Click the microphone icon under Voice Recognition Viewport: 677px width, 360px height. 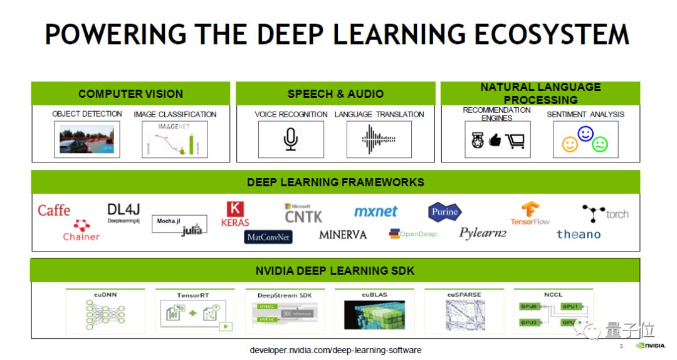290,139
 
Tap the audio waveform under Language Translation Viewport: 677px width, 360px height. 379,139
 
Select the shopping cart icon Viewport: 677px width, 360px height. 515,141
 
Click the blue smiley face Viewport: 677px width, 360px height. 585,134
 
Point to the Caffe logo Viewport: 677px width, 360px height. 54,210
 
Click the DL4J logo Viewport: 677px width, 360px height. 123,211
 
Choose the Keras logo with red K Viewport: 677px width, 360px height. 235,214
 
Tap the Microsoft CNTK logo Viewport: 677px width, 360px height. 303,213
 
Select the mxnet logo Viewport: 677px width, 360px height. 375,211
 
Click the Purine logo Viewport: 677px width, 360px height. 444,212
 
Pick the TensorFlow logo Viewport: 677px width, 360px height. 530,213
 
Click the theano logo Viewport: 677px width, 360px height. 578,234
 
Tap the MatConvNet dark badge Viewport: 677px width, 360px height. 268,237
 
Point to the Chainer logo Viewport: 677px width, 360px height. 81,231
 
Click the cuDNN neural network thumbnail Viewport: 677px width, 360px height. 105,314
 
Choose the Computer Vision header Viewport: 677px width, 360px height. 130,94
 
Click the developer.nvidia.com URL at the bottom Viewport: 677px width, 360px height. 335,350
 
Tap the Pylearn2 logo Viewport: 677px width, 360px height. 482,233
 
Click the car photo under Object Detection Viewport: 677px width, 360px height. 87,138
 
